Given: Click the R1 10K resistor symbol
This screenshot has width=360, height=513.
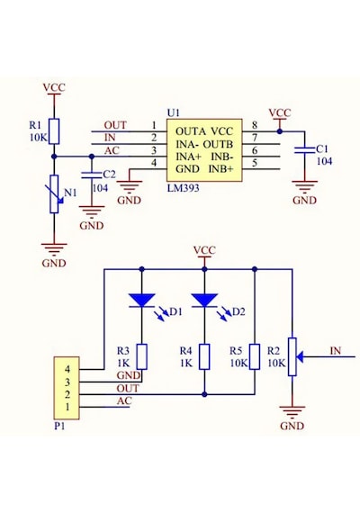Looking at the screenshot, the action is point(54,131).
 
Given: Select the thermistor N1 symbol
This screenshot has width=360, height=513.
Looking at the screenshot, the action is point(54,194).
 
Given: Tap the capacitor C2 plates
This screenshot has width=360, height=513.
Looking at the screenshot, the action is point(92,175).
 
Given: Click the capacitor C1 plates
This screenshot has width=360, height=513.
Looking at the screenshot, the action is point(304,150).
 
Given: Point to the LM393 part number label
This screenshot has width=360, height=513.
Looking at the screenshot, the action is point(183,188).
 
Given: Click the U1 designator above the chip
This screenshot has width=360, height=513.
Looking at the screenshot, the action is point(174,113).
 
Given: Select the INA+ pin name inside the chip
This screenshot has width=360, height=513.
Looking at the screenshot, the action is point(188,157).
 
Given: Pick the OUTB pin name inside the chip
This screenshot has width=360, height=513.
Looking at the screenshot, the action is point(218,144).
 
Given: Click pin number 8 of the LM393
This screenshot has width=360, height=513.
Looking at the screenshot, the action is point(255,125).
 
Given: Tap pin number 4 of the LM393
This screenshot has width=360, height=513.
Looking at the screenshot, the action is point(154,163).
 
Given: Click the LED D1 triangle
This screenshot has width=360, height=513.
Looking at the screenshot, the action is point(141,301).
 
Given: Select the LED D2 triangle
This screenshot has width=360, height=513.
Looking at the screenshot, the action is point(204,301).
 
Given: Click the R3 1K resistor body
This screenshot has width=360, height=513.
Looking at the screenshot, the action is point(142,356).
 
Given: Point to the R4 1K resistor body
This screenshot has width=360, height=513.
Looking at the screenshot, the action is point(204,356).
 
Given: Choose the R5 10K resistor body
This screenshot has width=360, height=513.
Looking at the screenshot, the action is point(255,356).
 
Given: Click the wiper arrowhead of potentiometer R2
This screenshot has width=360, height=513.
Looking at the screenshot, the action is point(300,356).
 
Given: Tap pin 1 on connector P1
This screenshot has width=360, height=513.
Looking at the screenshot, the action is point(67,407).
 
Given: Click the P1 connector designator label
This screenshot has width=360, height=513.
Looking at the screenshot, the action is point(59,427).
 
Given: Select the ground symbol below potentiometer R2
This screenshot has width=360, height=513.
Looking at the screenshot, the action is point(292,411).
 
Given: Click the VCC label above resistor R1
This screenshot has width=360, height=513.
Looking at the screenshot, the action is point(54,87).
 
